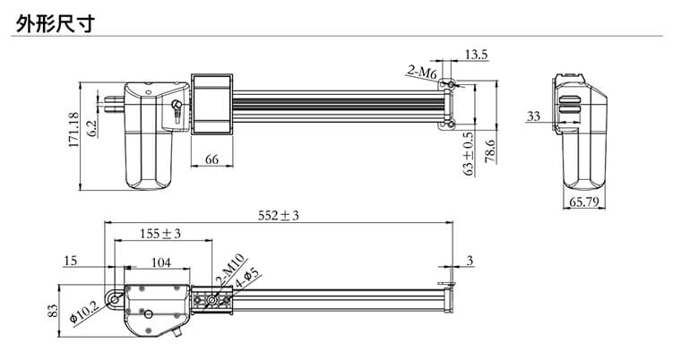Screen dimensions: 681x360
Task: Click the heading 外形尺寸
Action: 56,23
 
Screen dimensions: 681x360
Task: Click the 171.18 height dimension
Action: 73,130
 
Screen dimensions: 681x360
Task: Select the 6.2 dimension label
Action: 92,130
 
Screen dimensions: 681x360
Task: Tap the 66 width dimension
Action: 211,159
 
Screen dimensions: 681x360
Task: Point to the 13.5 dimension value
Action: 477,55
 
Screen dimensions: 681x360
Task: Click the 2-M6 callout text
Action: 422,73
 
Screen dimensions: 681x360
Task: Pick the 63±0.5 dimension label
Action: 469,153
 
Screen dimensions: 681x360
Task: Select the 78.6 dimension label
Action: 490,150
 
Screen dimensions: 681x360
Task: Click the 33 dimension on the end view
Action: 533,116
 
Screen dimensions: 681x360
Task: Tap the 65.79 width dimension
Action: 584,201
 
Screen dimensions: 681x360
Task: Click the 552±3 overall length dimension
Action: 279,216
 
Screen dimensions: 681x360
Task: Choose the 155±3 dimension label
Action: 160,234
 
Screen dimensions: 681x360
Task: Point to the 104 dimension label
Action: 160,262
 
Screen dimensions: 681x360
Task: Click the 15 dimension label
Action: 70,261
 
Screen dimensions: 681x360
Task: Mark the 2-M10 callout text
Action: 230,269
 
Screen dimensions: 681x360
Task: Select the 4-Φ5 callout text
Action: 246,279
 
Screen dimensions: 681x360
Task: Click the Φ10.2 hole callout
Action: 85,313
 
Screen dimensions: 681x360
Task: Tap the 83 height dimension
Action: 52,311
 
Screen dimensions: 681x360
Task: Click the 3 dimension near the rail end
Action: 470,261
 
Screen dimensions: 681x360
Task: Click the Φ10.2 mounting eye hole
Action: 115,299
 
